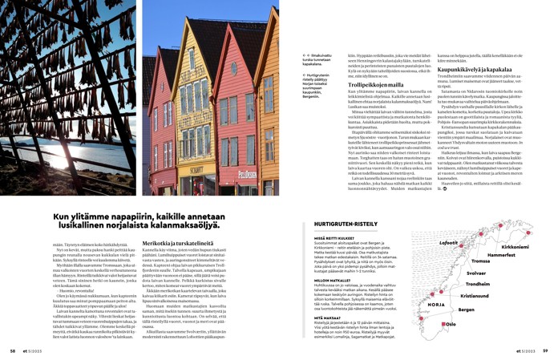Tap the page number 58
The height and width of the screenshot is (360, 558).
(x=12, y=350)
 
